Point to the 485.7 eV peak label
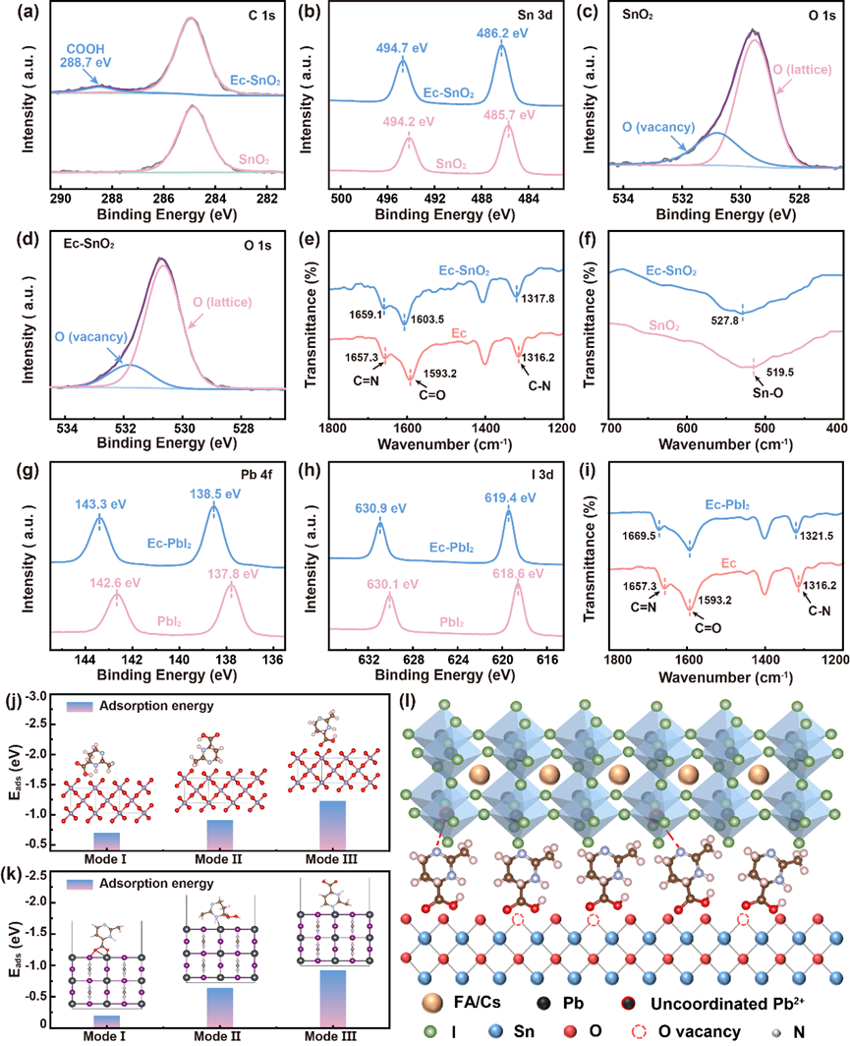click(x=507, y=115)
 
